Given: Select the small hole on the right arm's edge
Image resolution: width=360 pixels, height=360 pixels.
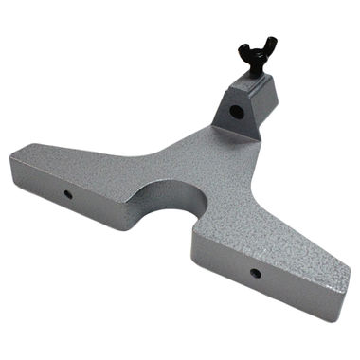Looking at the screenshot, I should [255, 274].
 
